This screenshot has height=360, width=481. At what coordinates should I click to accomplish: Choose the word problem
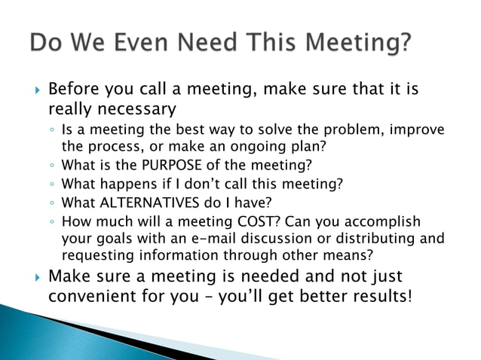[314, 130]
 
